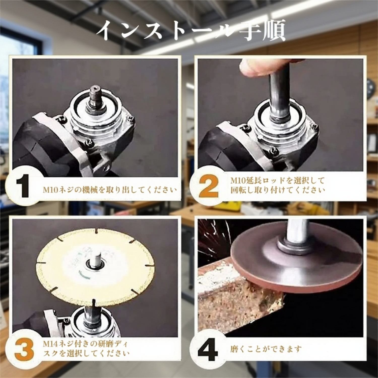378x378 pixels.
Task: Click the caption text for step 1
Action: coord(110,190)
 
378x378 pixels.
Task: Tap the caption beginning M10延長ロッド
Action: coord(277,185)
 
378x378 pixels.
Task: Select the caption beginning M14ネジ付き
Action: coord(86,349)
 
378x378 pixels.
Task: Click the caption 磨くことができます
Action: coord(266,349)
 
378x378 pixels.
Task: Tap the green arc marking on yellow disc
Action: coord(84,276)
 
